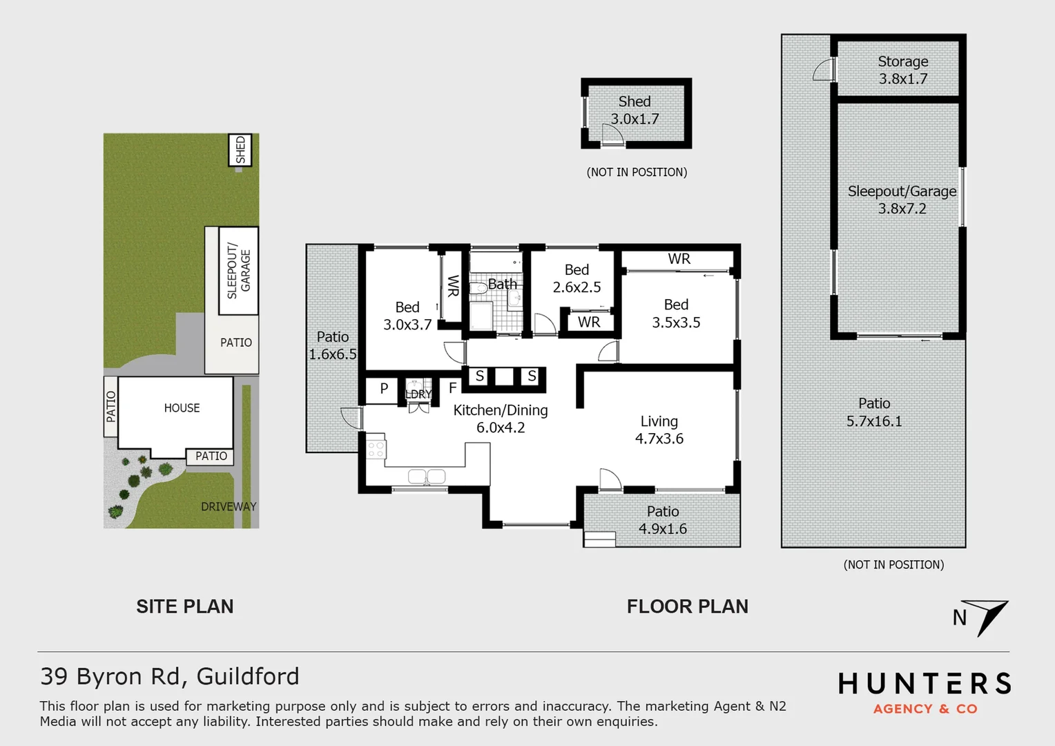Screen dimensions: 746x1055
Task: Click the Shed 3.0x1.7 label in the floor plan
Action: click(x=635, y=111)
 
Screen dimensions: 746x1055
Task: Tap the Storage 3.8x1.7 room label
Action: click(x=902, y=70)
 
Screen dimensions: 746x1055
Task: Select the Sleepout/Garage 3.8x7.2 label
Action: click(x=902, y=200)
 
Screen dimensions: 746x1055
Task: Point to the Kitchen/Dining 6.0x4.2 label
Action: click(x=501, y=419)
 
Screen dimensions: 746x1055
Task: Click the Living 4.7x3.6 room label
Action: click(x=659, y=430)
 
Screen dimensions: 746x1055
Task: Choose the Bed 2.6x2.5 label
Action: click(x=577, y=278)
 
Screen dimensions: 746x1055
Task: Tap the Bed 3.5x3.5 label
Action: click(x=676, y=314)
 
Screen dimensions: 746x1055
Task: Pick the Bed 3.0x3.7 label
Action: click(x=407, y=316)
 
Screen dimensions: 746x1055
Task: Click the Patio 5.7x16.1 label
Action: click(x=874, y=412)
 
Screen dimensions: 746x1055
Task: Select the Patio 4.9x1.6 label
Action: click(x=663, y=520)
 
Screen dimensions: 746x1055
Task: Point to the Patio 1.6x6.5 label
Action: click(x=333, y=345)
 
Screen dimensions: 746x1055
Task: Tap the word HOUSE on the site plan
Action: click(x=182, y=408)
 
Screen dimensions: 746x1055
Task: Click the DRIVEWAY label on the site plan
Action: click(x=229, y=506)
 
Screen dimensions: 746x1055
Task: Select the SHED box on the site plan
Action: click(x=240, y=150)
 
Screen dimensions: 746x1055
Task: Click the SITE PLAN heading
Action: click(x=185, y=606)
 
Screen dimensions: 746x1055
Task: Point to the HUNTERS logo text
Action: click(x=925, y=684)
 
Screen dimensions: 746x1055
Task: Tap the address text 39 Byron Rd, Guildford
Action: click(x=170, y=676)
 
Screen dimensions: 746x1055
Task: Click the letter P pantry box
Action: click(x=384, y=389)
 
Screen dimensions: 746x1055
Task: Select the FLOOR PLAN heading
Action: click(x=687, y=606)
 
